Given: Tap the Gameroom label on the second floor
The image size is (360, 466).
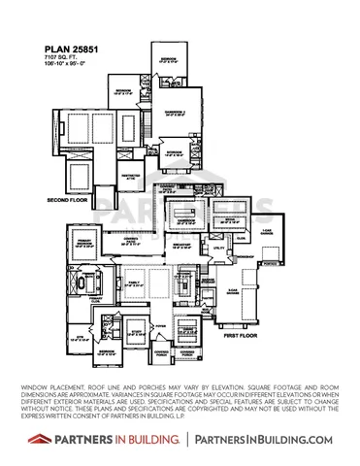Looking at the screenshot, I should pyautogui.click(x=177, y=113).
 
